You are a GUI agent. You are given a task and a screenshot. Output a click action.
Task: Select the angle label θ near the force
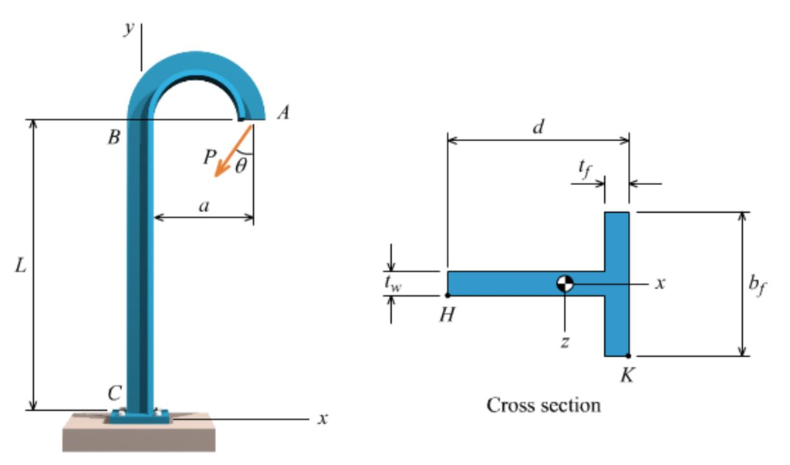241,165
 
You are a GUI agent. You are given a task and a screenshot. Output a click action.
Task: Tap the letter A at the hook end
283,113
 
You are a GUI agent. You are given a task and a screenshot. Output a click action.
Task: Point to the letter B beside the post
113,139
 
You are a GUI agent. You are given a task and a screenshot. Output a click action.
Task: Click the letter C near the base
114,393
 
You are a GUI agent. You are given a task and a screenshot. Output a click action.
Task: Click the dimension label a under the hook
204,206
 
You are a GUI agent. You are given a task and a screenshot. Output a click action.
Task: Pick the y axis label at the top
129,29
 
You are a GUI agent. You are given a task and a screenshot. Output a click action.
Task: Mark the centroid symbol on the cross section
565,284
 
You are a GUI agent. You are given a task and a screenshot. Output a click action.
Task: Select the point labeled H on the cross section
447,295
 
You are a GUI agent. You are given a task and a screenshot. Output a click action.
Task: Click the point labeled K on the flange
629,356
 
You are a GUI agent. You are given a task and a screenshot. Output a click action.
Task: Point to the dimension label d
538,127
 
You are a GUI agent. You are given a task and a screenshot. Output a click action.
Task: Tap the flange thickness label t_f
585,169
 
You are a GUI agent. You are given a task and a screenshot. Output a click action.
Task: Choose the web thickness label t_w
393,283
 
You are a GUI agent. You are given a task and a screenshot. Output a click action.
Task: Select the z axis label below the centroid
565,342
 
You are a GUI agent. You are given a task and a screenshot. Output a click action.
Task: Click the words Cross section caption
543,404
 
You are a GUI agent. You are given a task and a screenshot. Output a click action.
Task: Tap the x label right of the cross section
660,284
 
